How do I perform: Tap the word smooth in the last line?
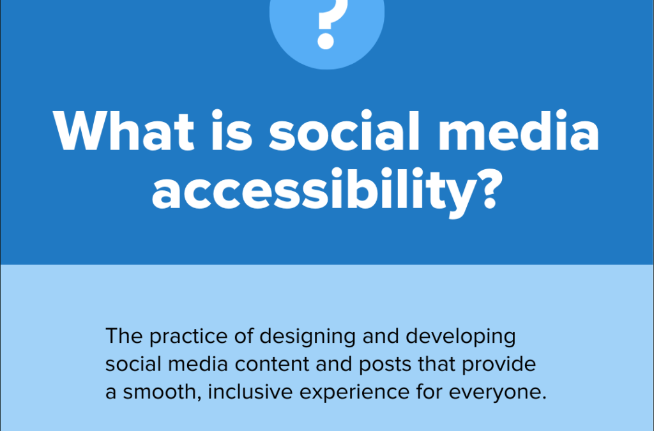159,391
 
